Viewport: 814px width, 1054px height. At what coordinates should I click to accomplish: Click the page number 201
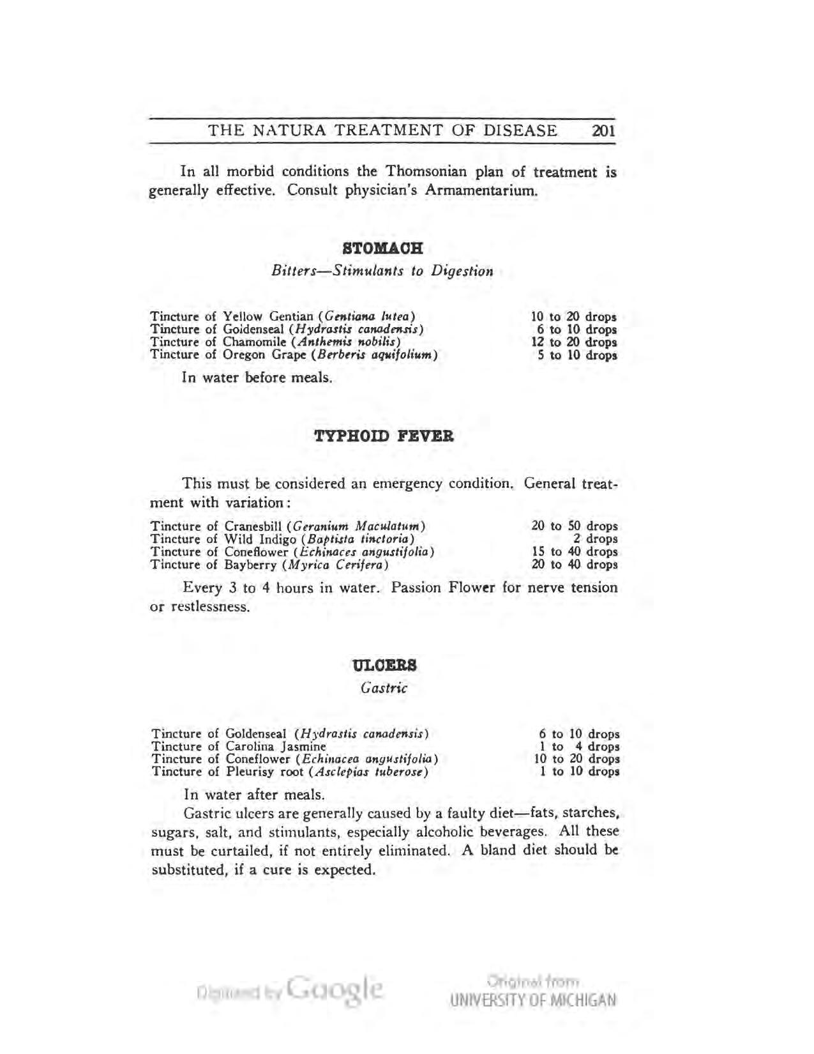[603, 131]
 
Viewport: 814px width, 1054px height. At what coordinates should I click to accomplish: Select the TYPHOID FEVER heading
[384, 437]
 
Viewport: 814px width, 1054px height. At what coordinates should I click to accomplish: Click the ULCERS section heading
[384, 665]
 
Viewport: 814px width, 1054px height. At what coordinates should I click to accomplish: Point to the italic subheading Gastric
[384, 688]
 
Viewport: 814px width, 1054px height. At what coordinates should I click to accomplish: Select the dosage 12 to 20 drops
[574, 342]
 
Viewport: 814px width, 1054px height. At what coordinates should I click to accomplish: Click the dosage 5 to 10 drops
[577, 355]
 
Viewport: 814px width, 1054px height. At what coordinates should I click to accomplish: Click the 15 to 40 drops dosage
[575, 552]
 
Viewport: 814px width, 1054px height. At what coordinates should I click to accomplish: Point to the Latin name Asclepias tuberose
[367, 772]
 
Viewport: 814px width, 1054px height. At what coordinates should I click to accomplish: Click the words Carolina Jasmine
[276, 747]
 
